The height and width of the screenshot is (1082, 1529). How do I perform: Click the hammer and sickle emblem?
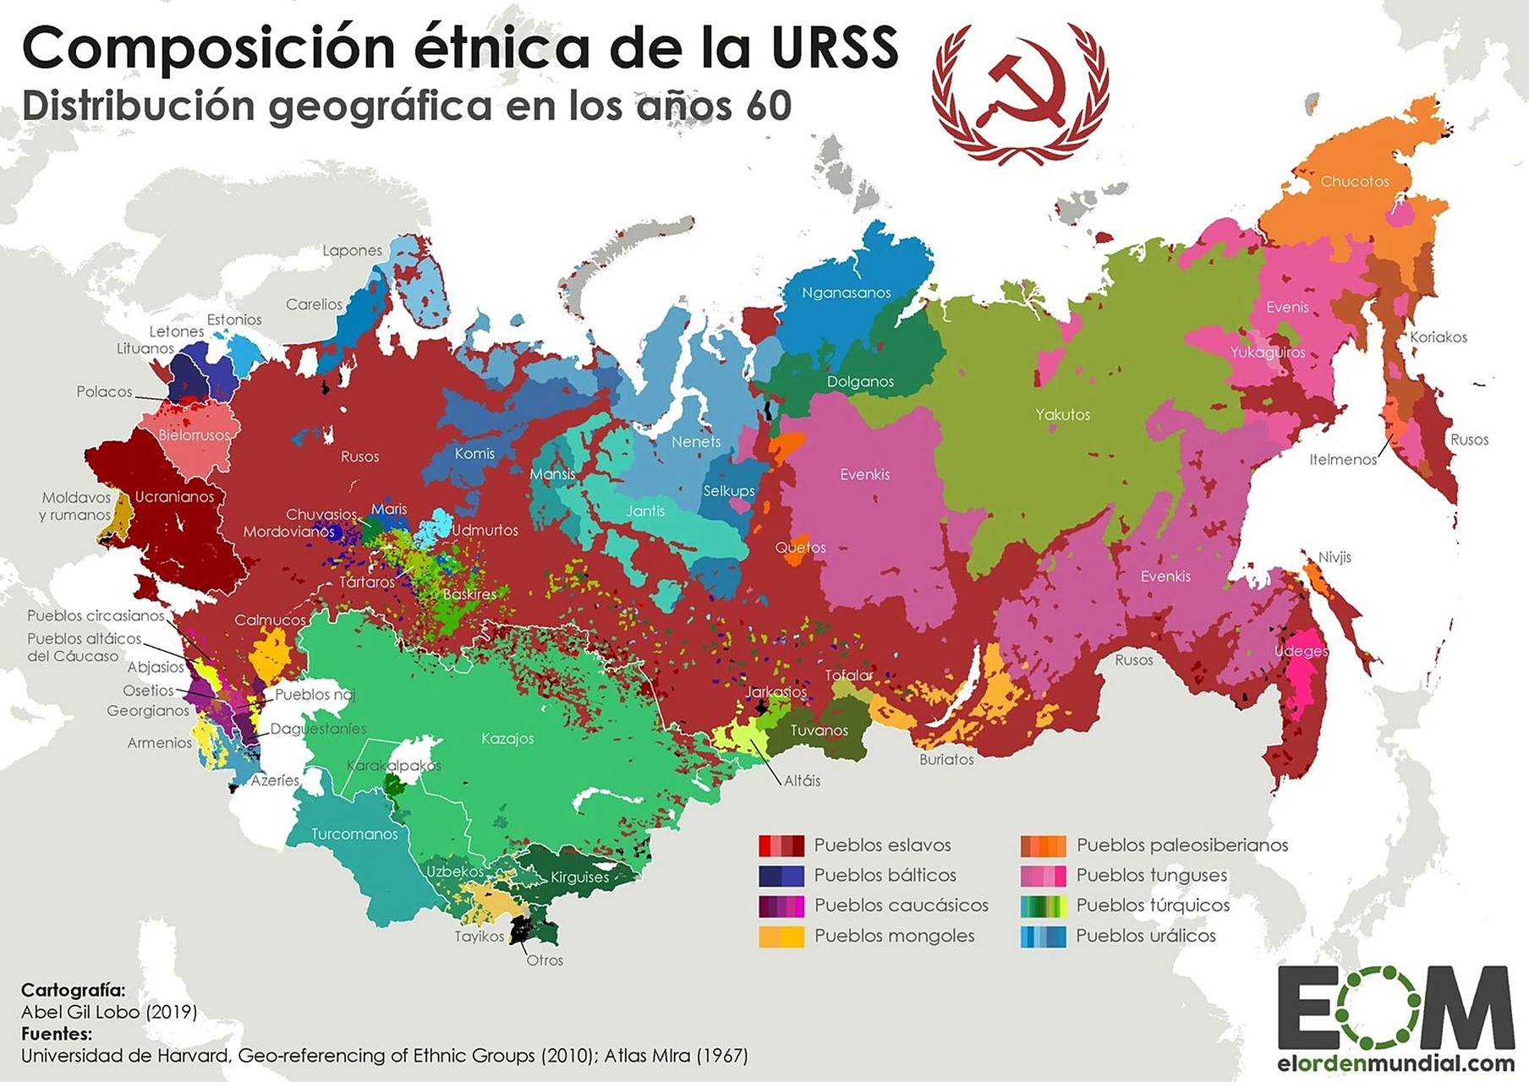point(1021,93)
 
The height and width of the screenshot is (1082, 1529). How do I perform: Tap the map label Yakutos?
point(1062,414)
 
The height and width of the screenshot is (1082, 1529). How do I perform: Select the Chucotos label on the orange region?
point(1354,181)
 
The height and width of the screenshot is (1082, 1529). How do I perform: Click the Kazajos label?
point(507,738)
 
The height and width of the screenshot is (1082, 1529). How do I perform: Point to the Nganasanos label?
point(846,292)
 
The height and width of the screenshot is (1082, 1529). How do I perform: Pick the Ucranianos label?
point(174,496)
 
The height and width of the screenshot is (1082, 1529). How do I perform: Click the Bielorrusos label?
point(194,434)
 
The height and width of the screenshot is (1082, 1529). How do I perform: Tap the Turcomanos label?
point(353,833)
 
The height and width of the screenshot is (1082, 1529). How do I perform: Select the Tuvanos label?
point(819,730)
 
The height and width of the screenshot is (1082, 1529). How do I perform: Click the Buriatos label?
point(946,759)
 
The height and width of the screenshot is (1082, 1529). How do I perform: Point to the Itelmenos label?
point(1342,459)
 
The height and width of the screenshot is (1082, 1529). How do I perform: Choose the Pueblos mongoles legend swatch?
point(781,936)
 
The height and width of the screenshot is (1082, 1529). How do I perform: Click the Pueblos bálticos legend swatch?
point(781,875)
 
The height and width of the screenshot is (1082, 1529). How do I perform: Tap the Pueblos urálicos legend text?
point(1145,936)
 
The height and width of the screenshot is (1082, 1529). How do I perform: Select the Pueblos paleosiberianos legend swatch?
point(1043,845)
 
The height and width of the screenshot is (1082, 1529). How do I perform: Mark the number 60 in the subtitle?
point(768,106)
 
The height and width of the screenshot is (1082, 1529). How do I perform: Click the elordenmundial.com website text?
point(1395,1063)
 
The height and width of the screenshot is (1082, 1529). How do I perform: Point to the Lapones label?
point(352,250)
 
